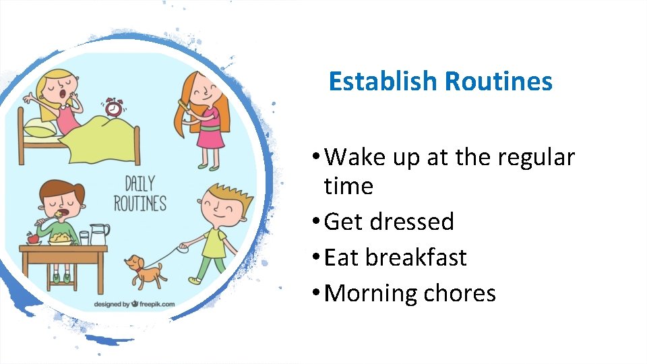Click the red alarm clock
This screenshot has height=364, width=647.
(114, 107)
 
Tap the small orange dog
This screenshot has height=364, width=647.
(144, 270)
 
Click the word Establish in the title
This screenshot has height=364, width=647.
(382, 82)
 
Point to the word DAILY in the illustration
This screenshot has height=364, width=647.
(140, 183)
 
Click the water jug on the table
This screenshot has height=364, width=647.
(99, 235)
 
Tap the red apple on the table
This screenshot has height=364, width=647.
(31, 238)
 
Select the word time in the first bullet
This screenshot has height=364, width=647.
(348, 186)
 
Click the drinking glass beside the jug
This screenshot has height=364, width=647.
(84, 238)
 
